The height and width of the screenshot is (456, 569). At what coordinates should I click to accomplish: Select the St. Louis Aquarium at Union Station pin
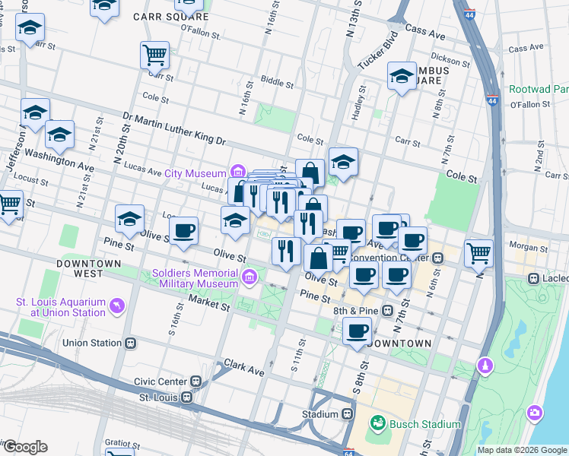117,306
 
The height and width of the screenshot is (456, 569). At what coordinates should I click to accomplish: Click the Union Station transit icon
130,343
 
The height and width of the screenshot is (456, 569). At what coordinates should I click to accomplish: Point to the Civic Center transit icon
196,382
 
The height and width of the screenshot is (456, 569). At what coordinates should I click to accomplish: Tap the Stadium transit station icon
347,414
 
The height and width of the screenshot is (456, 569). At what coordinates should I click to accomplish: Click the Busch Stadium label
424,423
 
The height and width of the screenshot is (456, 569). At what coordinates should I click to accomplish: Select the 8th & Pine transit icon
388,310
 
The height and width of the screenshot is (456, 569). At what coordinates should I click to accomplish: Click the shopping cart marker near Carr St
154,55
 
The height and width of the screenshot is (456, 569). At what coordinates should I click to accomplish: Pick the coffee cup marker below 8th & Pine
357,331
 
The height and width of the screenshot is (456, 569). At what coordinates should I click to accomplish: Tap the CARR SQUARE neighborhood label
168,15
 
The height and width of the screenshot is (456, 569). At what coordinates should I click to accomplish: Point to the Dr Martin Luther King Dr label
174,129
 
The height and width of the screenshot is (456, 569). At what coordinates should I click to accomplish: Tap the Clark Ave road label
243,369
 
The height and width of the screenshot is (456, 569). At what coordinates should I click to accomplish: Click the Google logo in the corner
25,447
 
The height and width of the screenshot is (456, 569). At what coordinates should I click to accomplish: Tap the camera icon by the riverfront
536,413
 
